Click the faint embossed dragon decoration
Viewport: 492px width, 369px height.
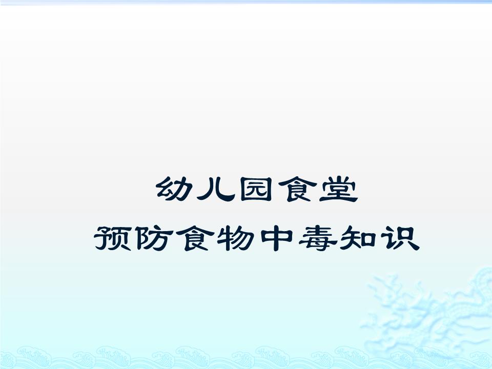(x=436, y=313)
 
